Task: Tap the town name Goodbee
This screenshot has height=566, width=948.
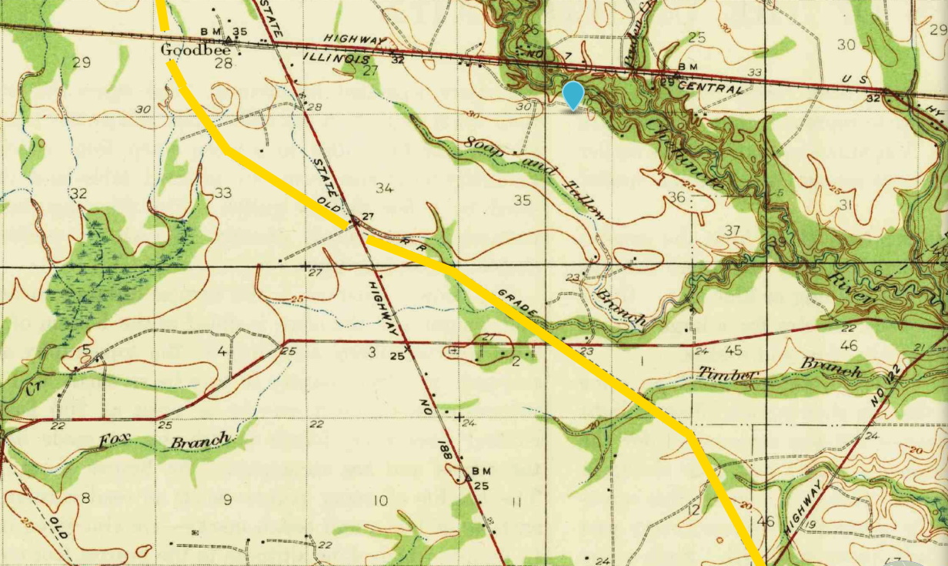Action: pos(186,49)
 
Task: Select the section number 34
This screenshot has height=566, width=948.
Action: pos(385,188)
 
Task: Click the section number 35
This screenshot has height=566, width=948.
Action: pos(522,201)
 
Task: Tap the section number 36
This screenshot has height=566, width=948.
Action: pos(676,197)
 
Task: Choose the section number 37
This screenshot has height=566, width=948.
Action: pos(732,231)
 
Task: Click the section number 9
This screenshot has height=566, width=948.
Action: pos(227,500)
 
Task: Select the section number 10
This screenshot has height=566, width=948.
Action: pos(380,501)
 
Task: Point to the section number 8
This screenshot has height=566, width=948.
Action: pos(85,498)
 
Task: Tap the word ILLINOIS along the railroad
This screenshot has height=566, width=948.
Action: pos(335,59)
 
